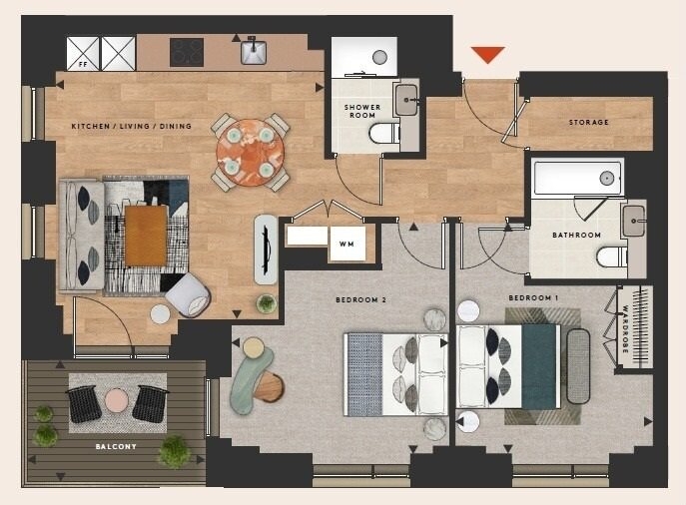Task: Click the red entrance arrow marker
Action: [487, 54]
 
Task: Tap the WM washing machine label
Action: [346, 243]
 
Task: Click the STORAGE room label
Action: [588, 123]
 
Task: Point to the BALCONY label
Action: [116, 446]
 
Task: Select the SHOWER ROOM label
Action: [362, 111]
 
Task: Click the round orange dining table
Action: [250, 152]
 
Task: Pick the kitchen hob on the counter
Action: [187, 52]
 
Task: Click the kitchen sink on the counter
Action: [253, 52]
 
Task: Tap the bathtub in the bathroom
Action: [578, 178]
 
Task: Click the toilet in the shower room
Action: [383, 134]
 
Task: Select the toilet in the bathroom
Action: [611, 256]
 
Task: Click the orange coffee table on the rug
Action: [146, 235]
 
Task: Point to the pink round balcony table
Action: [117, 400]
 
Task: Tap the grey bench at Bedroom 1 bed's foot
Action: [578, 365]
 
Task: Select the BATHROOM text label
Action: [576, 236]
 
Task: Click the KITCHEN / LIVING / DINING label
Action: [131, 126]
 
